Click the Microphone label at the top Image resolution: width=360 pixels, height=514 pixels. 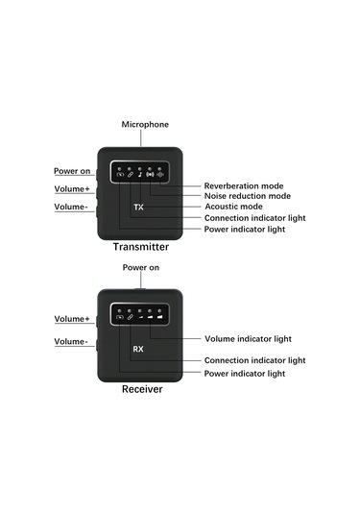[145, 125]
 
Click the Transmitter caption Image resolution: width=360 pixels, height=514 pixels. [148, 248]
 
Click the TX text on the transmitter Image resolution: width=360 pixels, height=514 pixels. [138, 207]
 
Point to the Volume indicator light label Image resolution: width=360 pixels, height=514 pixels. [249, 338]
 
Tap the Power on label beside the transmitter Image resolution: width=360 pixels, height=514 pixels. [72, 171]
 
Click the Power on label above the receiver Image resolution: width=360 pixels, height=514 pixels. [141, 267]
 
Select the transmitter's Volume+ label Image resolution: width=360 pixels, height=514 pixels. [71, 188]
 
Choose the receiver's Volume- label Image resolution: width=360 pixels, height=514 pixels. [71, 341]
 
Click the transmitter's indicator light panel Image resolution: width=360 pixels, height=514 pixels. [141, 174]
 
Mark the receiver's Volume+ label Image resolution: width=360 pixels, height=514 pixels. [71, 318]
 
